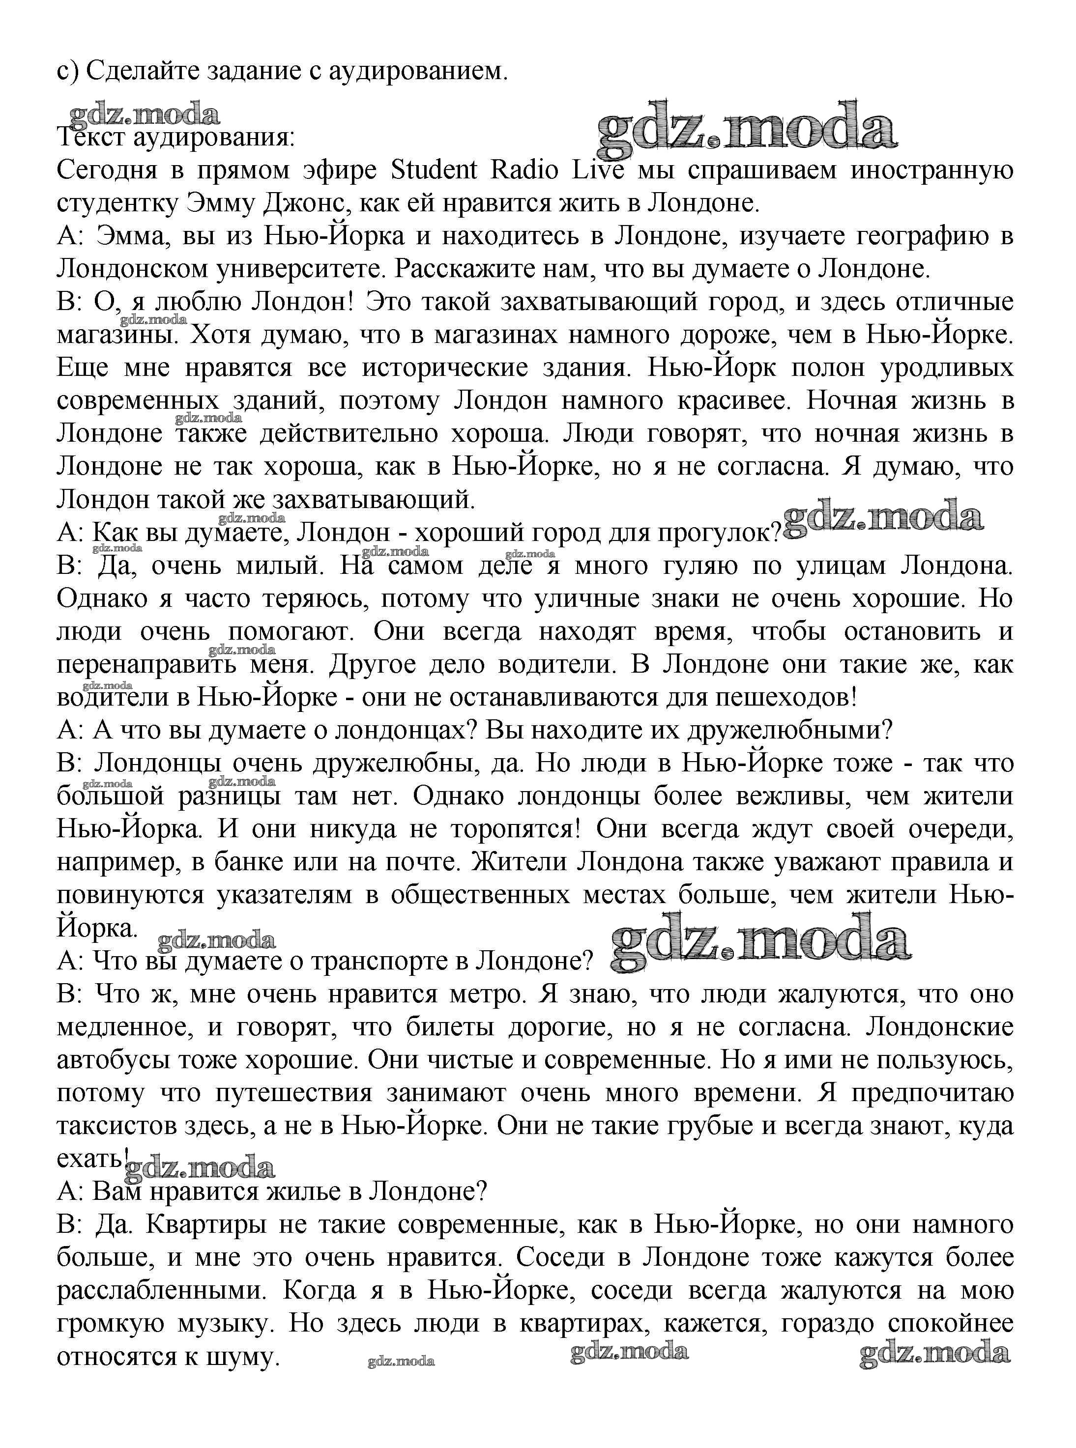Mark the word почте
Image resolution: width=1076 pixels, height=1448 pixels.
pyautogui.click(x=425, y=862)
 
